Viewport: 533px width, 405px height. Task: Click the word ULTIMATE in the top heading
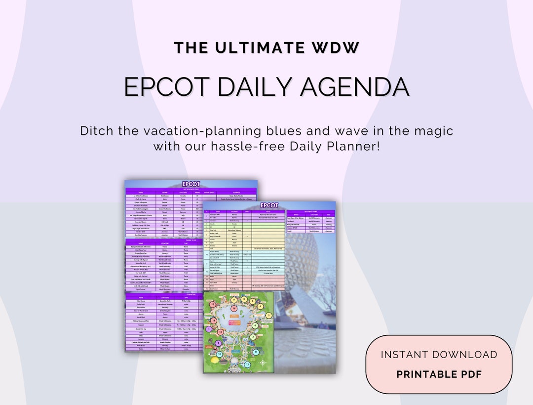point(266,48)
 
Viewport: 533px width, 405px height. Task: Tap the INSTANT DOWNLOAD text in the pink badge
point(439,355)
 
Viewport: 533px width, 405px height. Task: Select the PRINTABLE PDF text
point(439,374)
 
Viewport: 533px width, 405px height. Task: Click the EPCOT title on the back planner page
point(191,184)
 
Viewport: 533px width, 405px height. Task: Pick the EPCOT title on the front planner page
point(269,205)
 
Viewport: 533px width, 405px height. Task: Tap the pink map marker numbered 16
point(234,309)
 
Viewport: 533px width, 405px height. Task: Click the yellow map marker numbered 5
point(269,316)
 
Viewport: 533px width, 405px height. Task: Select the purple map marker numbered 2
point(218,343)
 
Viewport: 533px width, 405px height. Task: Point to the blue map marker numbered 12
point(247,364)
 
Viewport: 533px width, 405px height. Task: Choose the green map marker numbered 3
point(253,337)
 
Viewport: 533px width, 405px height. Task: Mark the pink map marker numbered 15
point(213,304)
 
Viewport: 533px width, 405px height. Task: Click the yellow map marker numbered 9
point(234,300)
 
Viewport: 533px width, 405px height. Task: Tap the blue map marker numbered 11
point(256,352)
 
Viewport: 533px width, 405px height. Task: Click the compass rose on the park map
point(263,363)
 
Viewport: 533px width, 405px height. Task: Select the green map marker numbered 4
point(255,325)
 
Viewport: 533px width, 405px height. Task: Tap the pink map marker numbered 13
point(221,332)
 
